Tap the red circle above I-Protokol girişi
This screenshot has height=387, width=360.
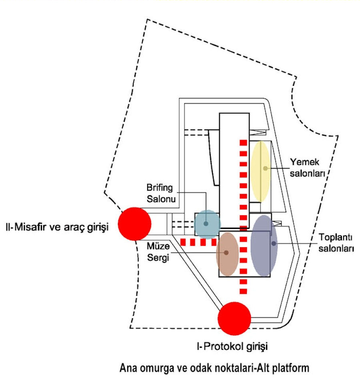click(x=234, y=319)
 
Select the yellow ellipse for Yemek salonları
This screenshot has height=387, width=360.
click(x=261, y=171)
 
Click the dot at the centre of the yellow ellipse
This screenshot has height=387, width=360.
click(x=265, y=168)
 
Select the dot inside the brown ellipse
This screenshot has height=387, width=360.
click(x=226, y=253)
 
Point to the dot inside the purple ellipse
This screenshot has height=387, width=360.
click(x=274, y=243)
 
